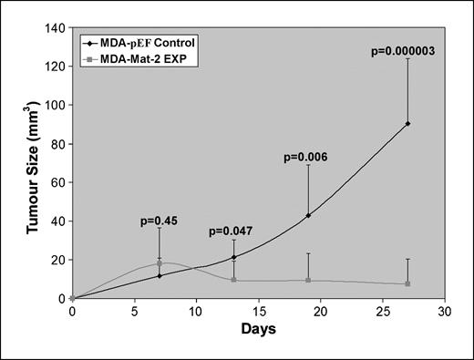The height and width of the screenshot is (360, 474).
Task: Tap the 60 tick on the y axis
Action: click(x=57, y=182)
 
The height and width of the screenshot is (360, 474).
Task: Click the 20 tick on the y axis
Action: click(x=57, y=260)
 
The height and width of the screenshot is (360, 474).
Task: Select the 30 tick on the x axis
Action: click(x=445, y=310)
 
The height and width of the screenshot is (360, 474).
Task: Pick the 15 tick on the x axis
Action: click(x=258, y=310)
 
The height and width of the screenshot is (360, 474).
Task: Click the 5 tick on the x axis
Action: click(x=134, y=310)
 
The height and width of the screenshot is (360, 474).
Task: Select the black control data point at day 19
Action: click(x=308, y=215)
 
